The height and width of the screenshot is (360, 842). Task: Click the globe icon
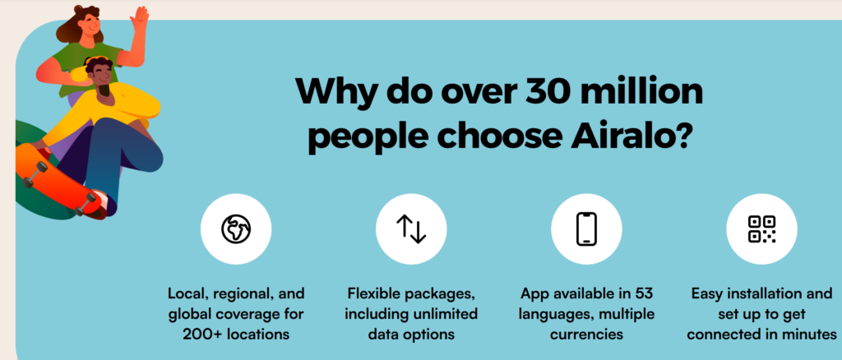pos(236,229)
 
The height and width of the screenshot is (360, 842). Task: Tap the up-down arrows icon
pos(411,229)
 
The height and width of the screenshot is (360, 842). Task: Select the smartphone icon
pos(586,229)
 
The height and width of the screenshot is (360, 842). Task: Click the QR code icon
pos(761,229)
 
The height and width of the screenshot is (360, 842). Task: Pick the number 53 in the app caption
pos(643,294)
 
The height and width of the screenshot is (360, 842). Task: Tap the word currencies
pos(585,334)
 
